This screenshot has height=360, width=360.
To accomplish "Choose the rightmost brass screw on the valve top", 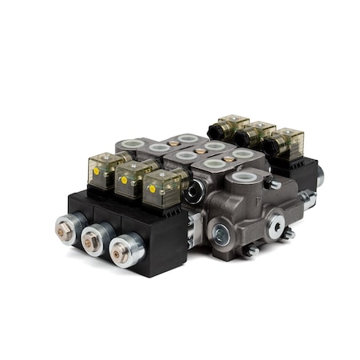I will pyautogui.click(x=229, y=158).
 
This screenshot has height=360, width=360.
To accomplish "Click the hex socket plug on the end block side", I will pyautogui.click(x=219, y=234).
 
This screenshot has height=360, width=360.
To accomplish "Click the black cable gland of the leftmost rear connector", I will pyautogui.click(x=214, y=127).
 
